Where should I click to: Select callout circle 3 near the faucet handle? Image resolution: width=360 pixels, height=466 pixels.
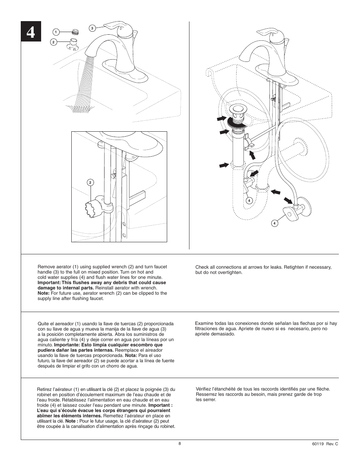pyautogui.click(x=92, y=28)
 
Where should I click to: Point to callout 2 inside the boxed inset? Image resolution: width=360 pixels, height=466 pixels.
pyautogui.click(x=90, y=183)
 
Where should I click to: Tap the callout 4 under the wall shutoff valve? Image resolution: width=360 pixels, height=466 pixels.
pyautogui.click(x=275, y=223)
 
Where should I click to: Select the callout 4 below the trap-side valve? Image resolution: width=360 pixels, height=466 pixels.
pyautogui.click(x=249, y=200)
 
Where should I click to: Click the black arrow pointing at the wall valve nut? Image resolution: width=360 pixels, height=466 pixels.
pyautogui.click(x=289, y=200)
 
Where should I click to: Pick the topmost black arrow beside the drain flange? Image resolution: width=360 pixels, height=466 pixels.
pyautogui.click(x=221, y=119)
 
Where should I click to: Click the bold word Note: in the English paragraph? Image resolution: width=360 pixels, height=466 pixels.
pyautogui.click(x=43, y=293)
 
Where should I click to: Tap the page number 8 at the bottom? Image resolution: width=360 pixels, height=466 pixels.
pyautogui.click(x=180, y=443)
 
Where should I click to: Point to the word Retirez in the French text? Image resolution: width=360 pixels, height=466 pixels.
pyautogui.click(x=45, y=389)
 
